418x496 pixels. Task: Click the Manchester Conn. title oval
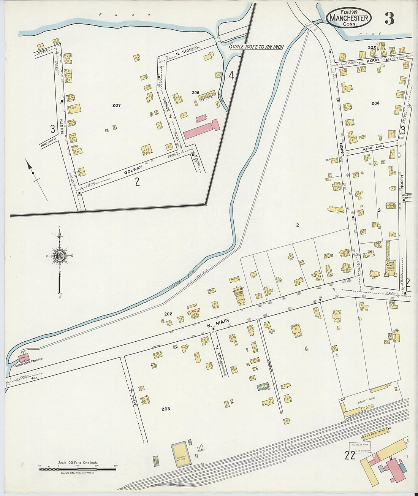tap(348, 18)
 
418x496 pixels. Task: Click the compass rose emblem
tap(60, 256)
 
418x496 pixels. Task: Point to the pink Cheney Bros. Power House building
tap(23, 358)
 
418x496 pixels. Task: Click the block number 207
tap(116, 105)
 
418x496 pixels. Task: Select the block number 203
tap(166, 409)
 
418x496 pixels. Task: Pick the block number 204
tap(375, 103)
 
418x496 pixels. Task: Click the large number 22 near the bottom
tap(350, 455)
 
